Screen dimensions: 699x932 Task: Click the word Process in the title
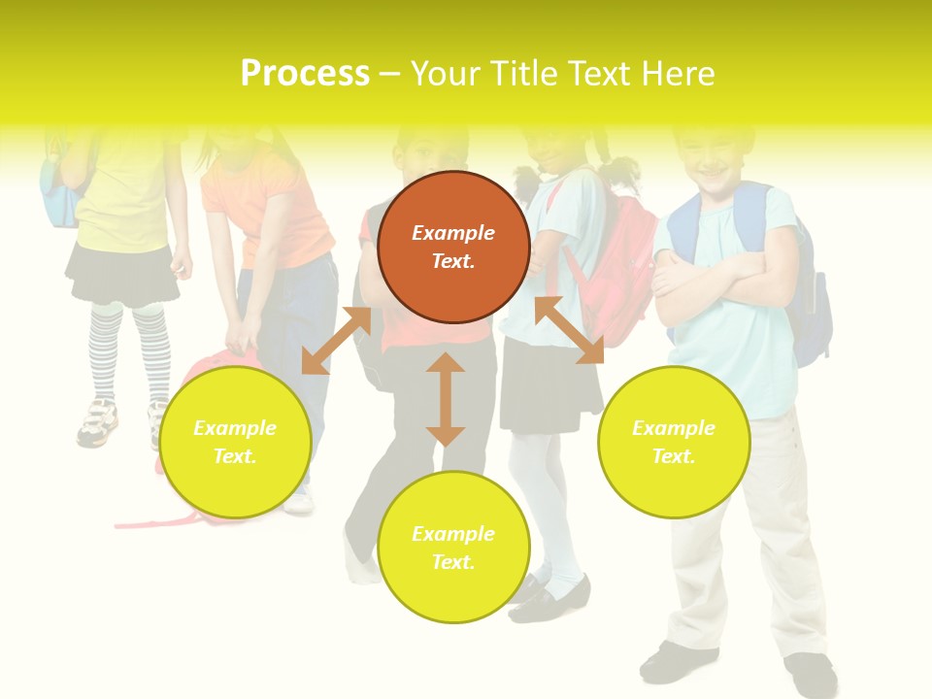(x=305, y=74)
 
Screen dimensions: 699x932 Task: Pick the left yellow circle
(x=235, y=442)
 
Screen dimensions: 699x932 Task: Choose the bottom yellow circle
(x=453, y=548)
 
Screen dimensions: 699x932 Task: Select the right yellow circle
(x=673, y=442)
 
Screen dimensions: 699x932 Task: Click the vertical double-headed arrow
(x=446, y=399)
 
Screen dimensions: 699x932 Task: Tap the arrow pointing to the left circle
(x=336, y=341)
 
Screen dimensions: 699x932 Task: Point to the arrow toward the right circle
(x=569, y=330)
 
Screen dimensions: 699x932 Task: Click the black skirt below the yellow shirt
(x=121, y=274)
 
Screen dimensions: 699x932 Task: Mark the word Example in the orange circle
(x=453, y=233)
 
